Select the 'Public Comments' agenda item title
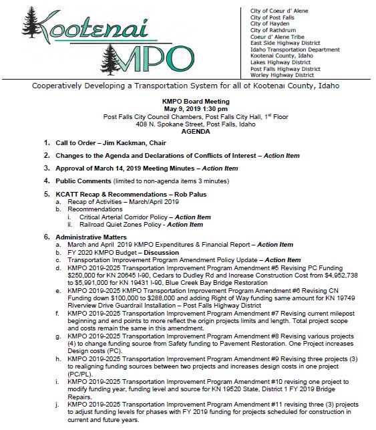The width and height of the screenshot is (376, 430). pyautogui.click(x=84, y=181)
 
